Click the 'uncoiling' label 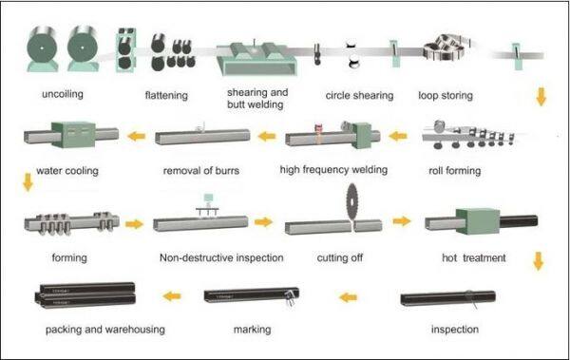63,95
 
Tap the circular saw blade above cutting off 351,201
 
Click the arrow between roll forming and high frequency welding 398,137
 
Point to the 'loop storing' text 446,96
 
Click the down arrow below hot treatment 539,261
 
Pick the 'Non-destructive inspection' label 221,257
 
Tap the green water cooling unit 73,135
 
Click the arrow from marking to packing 172,296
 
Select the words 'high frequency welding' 333,170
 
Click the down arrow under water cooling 28,182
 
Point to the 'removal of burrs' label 201,171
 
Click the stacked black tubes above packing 85,294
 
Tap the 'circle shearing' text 359,96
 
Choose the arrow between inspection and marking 348,297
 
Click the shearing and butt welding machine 256,58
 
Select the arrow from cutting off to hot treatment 402,220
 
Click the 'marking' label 252,330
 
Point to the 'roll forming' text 455,171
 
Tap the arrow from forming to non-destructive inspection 134,224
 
